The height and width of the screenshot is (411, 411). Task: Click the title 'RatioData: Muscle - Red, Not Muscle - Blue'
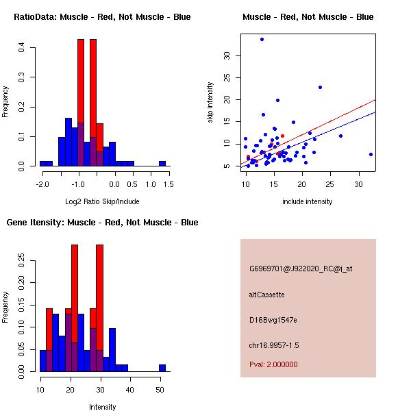tap(102, 17)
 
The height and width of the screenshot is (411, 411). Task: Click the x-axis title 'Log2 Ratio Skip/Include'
tap(103, 201)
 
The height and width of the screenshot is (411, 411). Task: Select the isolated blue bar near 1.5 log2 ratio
tap(162, 164)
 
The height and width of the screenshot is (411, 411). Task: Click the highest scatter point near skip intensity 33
tap(262, 39)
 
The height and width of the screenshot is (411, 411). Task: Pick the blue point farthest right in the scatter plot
tap(371, 154)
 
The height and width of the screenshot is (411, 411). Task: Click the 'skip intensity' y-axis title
tap(211, 103)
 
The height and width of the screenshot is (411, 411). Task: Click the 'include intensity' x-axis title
tap(308, 201)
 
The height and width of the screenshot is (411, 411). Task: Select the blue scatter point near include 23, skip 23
tap(320, 87)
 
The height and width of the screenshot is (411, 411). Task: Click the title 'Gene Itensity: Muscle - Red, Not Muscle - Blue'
tap(102, 223)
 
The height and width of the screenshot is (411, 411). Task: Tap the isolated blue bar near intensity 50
tap(162, 368)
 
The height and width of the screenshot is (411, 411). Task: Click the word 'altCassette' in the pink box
tap(266, 295)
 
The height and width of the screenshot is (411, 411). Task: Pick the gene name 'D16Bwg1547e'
tap(273, 320)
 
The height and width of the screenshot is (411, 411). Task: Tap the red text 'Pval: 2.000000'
tap(273, 364)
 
